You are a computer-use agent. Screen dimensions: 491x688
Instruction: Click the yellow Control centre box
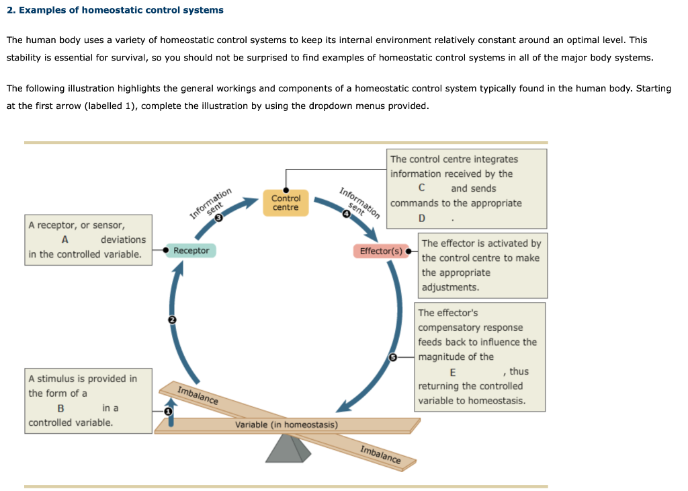tap(286, 202)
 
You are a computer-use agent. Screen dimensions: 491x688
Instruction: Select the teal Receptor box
tap(191, 251)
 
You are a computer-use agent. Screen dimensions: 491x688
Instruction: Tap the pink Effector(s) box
tap(380, 252)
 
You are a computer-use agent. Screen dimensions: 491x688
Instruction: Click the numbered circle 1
tap(168, 410)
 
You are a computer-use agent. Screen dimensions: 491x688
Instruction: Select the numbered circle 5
tap(394, 357)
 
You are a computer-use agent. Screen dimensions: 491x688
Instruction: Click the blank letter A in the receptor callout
tap(64, 240)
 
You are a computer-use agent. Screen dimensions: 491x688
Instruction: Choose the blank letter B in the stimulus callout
tap(60, 408)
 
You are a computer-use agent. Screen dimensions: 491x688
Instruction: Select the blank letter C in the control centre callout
tap(421, 189)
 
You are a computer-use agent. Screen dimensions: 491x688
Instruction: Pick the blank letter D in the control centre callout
tap(421, 219)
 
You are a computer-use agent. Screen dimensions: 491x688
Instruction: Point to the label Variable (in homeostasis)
tap(286, 425)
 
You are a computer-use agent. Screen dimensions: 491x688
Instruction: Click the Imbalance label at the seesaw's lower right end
tap(380, 455)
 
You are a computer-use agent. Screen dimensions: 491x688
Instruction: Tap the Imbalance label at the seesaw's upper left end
tap(198, 395)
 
